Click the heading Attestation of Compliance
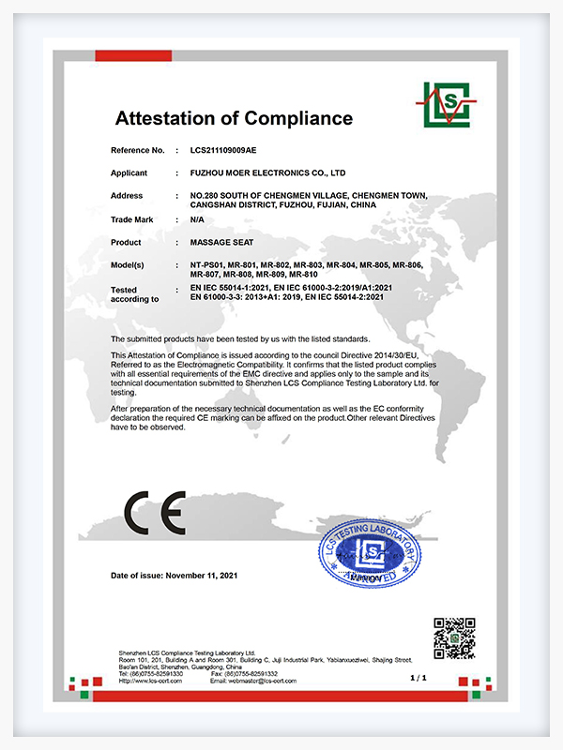(234, 119)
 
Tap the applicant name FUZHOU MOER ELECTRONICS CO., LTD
(267, 173)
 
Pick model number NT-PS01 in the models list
(207, 265)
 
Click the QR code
(453, 638)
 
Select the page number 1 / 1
(418, 676)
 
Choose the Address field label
(127, 196)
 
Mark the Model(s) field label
(129, 265)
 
